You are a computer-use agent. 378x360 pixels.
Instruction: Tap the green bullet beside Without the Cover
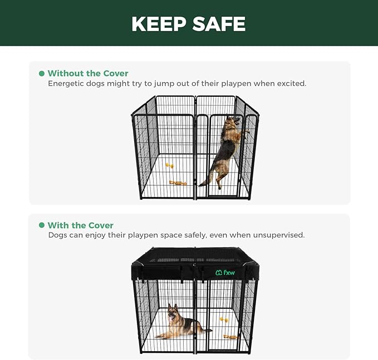pyautogui.click(x=42, y=73)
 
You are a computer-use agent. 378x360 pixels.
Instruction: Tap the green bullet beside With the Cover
pyautogui.click(x=42, y=225)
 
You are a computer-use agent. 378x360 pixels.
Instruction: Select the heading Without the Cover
pyautogui.click(x=88, y=73)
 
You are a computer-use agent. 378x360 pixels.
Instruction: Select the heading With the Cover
pyautogui.click(x=81, y=225)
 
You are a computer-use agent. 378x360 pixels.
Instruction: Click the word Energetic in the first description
pyautogui.click(x=67, y=83)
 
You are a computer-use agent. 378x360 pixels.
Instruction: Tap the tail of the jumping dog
pyautogui.click(x=206, y=180)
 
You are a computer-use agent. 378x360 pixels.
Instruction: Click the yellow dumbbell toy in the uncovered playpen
pyautogui.click(x=169, y=165)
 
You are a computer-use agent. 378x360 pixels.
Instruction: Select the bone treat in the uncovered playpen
pyautogui.click(x=178, y=183)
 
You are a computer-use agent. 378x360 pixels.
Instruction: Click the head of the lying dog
pyautogui.click(x=173, y=312)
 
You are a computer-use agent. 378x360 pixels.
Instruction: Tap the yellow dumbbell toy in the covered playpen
pyautogui.click(x=224, y=320)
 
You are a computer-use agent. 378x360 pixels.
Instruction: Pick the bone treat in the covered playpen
pyautogui.click(x=230, y=337)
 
